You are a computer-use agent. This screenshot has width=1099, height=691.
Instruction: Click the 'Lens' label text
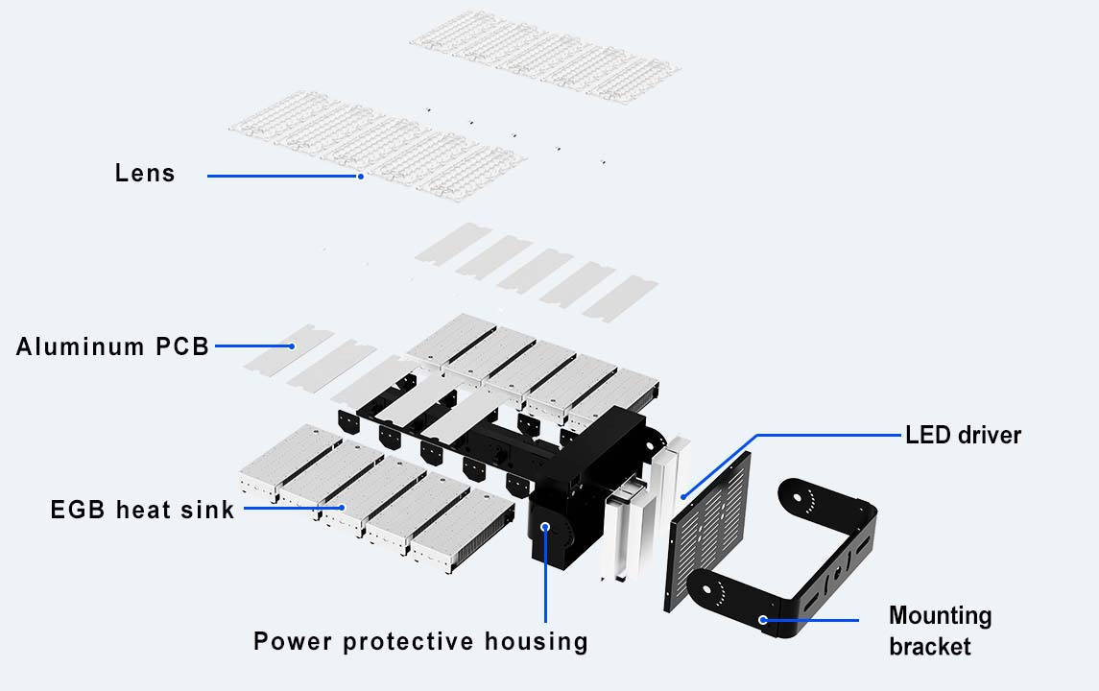pos(145,173)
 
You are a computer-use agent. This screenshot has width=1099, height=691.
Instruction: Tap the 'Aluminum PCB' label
pos(113,346)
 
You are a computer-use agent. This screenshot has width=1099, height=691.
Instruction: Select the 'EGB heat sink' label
pos(142,510)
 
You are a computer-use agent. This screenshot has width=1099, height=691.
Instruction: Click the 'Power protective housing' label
pos(420,641)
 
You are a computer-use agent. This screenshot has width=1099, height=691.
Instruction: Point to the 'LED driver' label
pos(963,435)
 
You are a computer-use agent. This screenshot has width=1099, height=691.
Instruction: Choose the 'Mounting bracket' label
pos(940,631)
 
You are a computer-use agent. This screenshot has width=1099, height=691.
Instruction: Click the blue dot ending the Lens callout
pos(361,177)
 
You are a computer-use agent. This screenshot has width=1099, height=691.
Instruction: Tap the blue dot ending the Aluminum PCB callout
pos(293,346)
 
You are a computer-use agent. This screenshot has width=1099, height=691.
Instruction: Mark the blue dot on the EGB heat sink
pos(342,508)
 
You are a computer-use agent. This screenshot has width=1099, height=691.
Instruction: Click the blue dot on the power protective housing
pos(545,526)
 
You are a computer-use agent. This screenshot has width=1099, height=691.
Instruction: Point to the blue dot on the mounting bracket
pos(763,620)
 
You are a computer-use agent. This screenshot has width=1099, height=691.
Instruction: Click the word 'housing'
pos(537,642)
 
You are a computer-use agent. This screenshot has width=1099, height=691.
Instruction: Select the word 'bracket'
pos(930,646)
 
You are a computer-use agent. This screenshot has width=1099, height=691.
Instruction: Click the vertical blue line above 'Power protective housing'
pos(546,575)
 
